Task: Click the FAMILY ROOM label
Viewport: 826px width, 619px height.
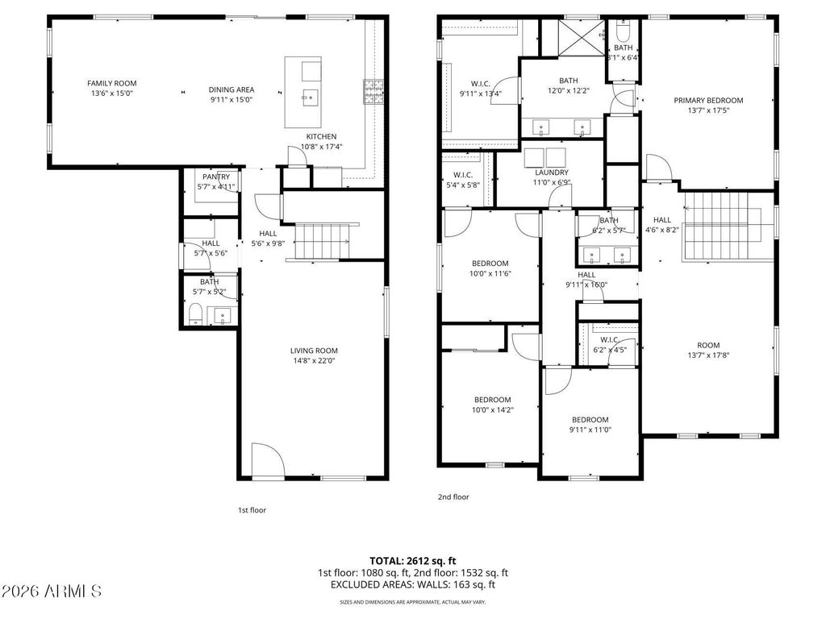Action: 111,83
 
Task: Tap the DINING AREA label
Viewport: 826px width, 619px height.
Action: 232,89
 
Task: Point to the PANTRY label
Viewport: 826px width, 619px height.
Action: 215,177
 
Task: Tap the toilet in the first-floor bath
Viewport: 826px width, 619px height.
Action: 194,315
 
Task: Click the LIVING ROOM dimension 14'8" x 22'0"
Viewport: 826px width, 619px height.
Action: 314,361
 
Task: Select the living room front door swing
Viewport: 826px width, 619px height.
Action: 269,459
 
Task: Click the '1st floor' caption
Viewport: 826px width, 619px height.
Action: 252,510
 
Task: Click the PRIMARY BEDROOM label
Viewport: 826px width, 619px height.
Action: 708,101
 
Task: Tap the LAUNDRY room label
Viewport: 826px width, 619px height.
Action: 552,172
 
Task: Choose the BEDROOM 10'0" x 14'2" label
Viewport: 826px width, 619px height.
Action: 492,400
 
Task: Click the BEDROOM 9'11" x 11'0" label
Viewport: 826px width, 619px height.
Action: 590,419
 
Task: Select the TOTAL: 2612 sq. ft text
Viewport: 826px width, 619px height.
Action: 412,560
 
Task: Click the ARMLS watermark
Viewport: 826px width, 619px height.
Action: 51,592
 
